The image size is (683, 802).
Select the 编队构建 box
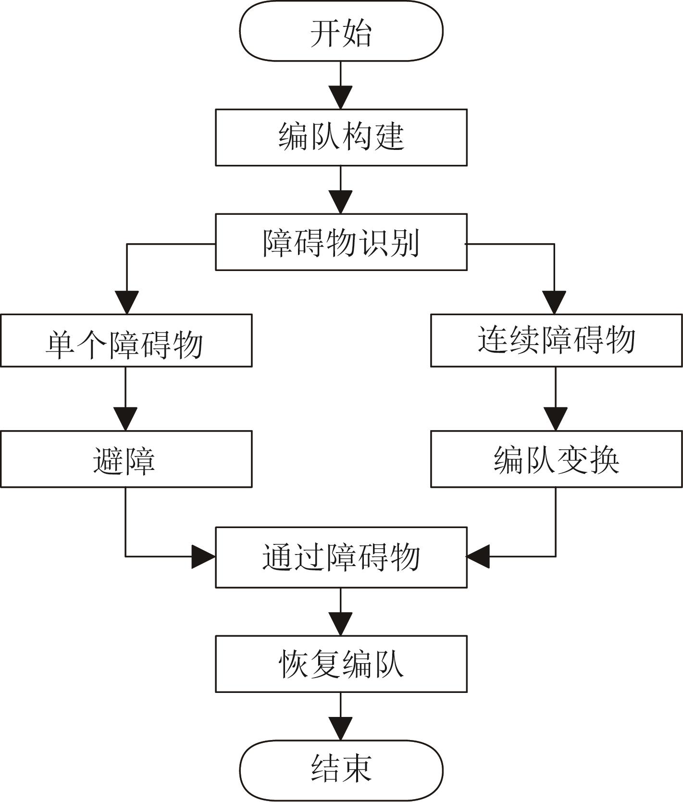click(341, 137)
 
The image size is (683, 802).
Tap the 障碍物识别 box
click(341, 242)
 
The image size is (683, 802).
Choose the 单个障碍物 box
click(126, 341)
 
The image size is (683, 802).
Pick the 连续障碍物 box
click(556, 341)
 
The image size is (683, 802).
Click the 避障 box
click(126, 459)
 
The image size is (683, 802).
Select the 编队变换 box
click(556, 459)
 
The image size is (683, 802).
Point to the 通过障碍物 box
click(341, 557)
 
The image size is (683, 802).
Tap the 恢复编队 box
click(341, 664)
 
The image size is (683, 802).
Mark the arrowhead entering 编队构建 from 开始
click(341, 98)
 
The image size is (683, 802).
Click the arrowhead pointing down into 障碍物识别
click(341, 202)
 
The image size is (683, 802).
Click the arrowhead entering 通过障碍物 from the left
click(203, 557)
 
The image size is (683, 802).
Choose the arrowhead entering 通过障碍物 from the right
click(478, 557)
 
